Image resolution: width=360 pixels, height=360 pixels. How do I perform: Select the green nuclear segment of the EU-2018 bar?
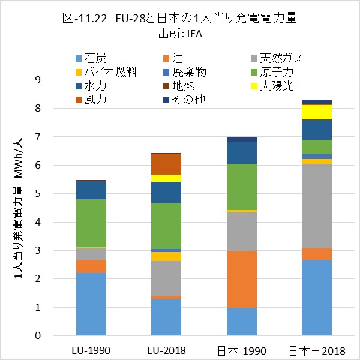[x=166, y=226]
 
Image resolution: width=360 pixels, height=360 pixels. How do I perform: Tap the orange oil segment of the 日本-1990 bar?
[x=242, y=279]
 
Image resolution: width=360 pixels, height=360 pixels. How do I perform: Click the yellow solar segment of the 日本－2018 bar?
[x=317, y=112]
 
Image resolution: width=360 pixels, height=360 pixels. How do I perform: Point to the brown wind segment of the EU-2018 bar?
[x=166, y=164]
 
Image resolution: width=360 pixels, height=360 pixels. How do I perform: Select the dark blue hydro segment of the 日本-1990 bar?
[x=242, y=152]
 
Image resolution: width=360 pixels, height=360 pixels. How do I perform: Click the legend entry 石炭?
[x=96, y=58]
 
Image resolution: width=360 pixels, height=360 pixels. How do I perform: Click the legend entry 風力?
[x=96, y=100]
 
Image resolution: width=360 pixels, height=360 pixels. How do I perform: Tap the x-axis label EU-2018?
[x=166, y=350]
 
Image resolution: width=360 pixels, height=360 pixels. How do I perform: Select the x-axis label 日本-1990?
[x=242, y=350]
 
